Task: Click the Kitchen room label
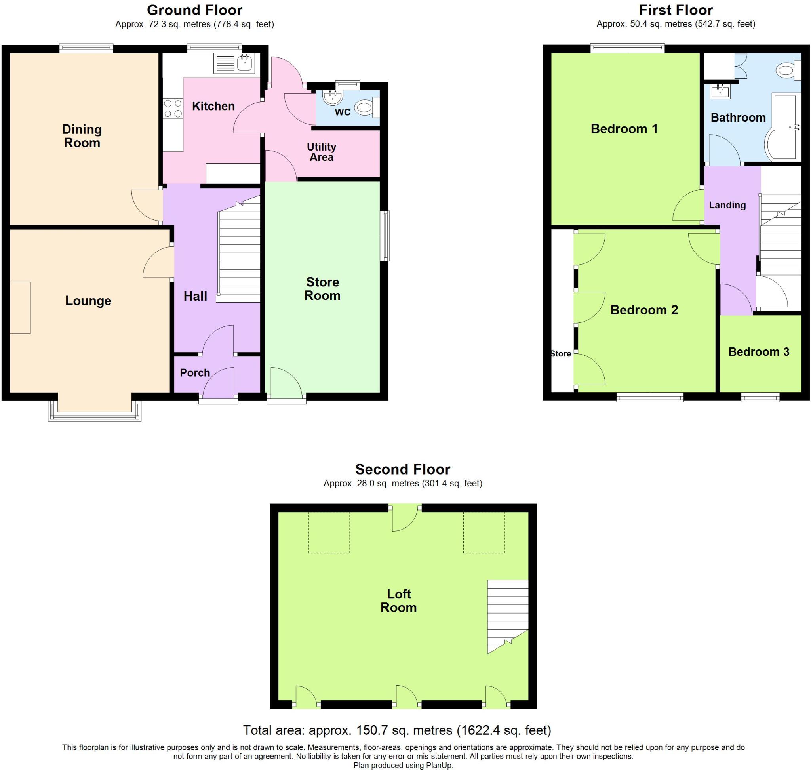pyautogui.click(x=213, y=106)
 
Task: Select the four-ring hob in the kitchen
pyautogui.click(x=173, y=109)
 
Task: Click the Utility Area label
pyautogui.click(x=322, y=152)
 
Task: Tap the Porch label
pyautogui.click(x=195, y=373)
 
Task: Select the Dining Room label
pyautogui.click(x=82, y=136)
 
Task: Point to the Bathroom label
pyautogui.click(x=738, y=118)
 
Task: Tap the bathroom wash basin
pyautogui.click(x=720, y=91)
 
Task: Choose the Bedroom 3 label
pyautogui.click(x=758, y=352)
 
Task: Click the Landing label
pyautogui.click(x=727, y=205)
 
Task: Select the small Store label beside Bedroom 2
pyautogui.click(x=561, y=354)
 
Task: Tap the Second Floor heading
pyautogui.click(x=403, y=469)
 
